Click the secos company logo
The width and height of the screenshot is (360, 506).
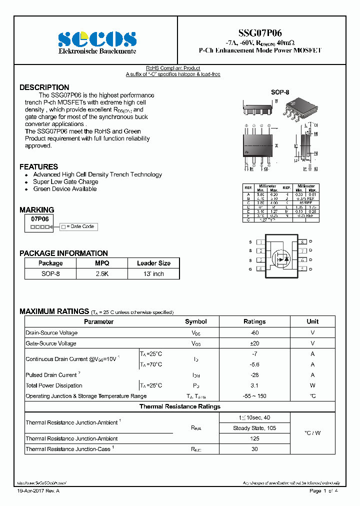coord(97,39)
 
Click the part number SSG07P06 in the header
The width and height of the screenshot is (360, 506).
coord(260,33)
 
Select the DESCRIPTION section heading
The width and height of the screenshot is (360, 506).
coord(44,87)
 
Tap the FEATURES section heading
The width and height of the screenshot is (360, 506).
coord(38,166)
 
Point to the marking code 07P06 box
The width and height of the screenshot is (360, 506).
coord(39,219)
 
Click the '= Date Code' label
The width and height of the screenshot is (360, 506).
coord(80,226)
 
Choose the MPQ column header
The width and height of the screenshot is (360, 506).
coord(102,263)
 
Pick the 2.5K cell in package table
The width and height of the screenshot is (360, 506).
coord(102,273)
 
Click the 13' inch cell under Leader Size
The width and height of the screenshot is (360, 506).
coord(153,273)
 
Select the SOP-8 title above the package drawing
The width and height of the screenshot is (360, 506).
coord(280,92)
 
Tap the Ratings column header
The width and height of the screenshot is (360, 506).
coord(254,321)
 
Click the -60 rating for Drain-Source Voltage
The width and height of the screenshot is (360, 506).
coord(254,332)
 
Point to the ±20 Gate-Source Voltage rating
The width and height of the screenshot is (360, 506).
coord(254,343)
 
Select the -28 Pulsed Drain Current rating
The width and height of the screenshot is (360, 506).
coord(254,375)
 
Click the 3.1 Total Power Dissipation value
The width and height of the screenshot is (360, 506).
coord(254,385)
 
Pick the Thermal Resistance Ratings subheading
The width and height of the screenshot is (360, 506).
coord(180,406)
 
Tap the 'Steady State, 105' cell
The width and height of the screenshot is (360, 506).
coord(254,428)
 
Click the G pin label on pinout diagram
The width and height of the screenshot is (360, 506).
coord(250,269)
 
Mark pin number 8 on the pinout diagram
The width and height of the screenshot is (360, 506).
coord(302,242)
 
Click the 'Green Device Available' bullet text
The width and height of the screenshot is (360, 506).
coord(65,189)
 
